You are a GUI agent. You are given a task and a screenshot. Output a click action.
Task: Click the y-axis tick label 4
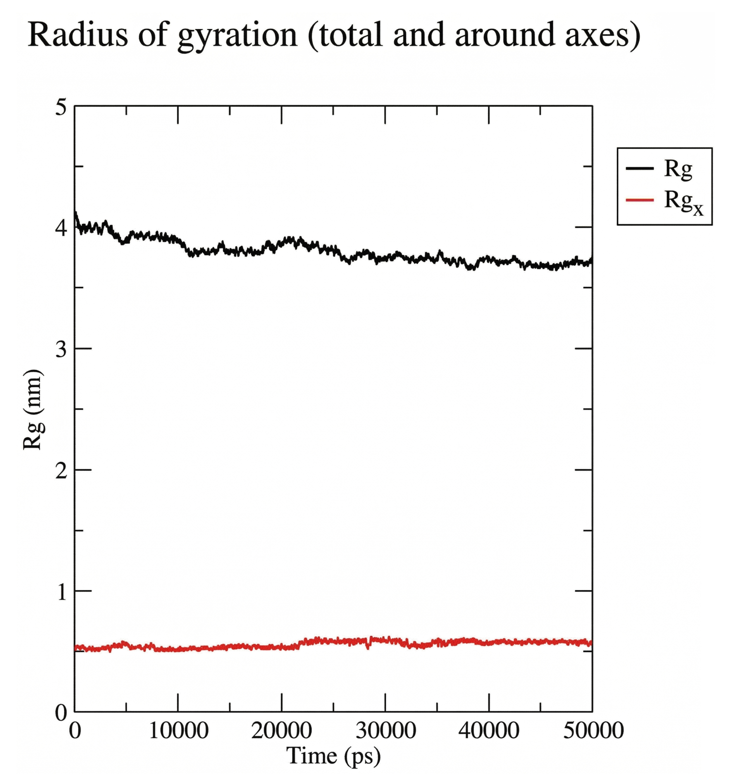[61, 228]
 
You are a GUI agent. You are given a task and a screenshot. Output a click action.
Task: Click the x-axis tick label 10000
[178, 731]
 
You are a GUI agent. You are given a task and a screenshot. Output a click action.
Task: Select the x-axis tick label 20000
[282, 731]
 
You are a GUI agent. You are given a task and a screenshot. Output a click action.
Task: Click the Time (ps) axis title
[333, 756]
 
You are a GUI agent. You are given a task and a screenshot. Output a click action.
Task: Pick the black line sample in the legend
[639, 168]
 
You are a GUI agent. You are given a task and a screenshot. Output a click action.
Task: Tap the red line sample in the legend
[639, 200]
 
